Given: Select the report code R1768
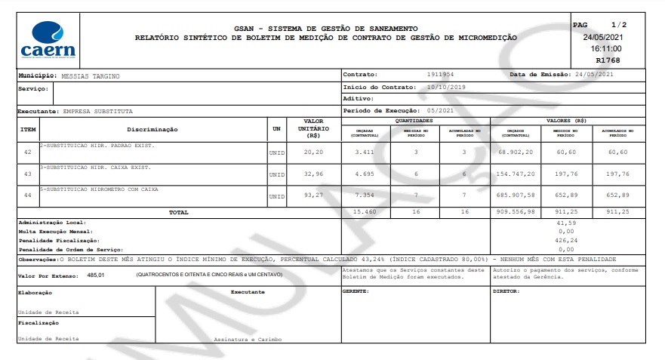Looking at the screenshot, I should [608, 60].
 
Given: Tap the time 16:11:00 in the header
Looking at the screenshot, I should [606, 48].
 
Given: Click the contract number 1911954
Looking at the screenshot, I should [440, 75].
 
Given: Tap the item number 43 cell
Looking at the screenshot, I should [28, 174].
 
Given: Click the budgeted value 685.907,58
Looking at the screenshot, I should [516, 195].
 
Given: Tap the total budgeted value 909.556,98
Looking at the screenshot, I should [516, 213].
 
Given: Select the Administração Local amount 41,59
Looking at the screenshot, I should [565, 223].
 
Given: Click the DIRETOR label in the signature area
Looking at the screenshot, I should [506, 291].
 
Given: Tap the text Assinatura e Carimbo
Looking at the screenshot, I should [248, 340].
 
